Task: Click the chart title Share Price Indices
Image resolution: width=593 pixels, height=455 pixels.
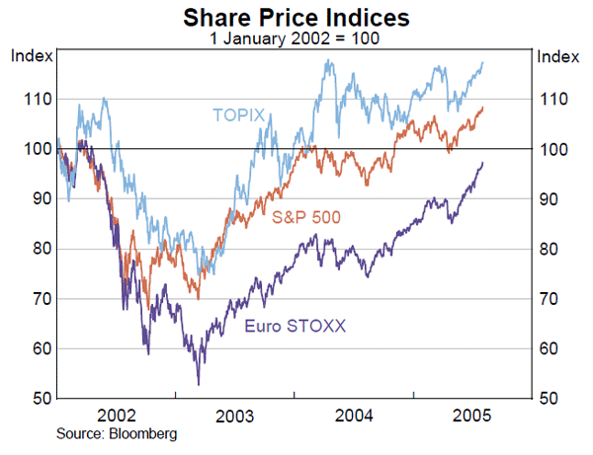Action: point(296,17)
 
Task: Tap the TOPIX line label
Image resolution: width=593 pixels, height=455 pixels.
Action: point(238,115)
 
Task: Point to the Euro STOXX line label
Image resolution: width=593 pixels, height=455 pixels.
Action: point(295,326)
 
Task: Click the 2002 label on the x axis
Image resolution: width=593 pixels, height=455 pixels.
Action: point(117,415)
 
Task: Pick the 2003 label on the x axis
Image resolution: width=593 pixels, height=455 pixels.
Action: point(235,415)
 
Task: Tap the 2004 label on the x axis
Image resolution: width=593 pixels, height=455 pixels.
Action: point(354,415)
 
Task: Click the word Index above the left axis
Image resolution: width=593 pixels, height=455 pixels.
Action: point(27,56)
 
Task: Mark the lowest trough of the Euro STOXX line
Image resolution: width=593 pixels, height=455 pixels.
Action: point(199,385)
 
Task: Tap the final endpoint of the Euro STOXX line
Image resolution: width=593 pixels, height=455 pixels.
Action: point(483,163)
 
